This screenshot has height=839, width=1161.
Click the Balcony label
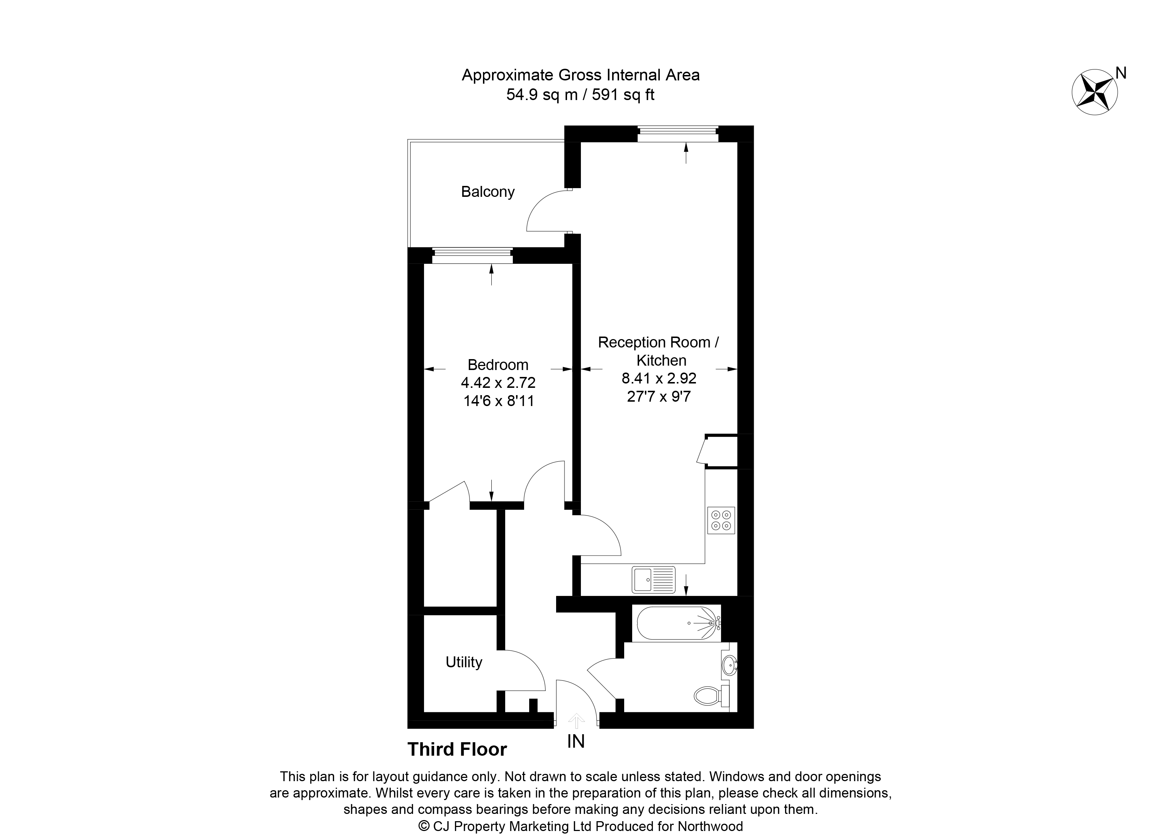pos(487,192)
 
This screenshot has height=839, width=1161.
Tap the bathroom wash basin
pos(729,665)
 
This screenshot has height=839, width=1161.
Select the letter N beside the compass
pos(1121,73)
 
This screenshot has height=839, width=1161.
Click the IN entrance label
pos(576,741)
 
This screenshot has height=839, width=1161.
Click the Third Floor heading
pos(457,749)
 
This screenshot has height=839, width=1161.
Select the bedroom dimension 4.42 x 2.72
pos(498,383)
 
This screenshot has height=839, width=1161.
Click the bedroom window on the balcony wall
pos(472,255)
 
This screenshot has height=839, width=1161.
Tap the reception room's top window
pos(678,134)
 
